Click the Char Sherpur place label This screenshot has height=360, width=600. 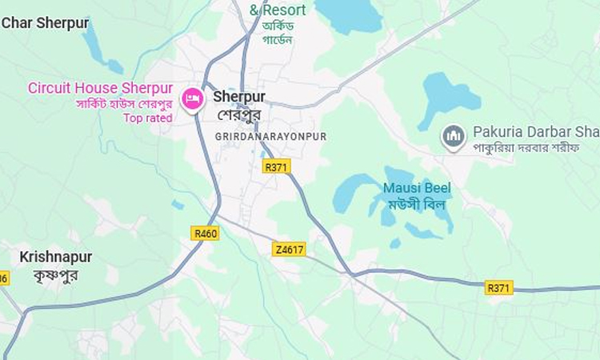pos(46,23)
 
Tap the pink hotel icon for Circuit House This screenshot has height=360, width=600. pos(192,98)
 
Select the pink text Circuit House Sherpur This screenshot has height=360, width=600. pos(100,88)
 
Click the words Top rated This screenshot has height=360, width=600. pos(147,118)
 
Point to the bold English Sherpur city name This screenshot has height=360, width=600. pos(239,97)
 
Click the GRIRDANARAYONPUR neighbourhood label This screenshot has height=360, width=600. pos(270,137)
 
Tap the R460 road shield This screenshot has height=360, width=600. pos(206,233)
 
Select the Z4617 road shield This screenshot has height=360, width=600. pos(288,249)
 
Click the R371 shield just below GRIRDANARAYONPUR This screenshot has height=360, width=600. pos(276,166)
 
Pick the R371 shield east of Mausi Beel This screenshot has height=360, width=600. pos(499,287)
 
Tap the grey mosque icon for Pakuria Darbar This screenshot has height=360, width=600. pos(454,138)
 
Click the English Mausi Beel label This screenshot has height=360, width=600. pos(416,188)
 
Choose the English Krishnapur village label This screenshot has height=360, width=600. pos(56,257)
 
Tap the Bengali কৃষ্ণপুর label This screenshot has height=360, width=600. pos(55,274)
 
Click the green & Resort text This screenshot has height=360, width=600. pos(278,10)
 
